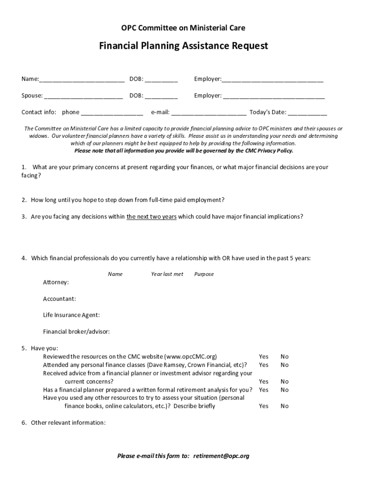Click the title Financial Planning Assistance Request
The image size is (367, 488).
tap(183, 46)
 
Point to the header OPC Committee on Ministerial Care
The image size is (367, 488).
tap(183, 28)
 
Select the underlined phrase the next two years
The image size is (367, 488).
tap(152, 216)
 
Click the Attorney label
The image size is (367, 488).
tap(56, 283)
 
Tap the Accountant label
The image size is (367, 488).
tap(59, 299)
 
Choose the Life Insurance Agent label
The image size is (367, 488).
tap(71, 315)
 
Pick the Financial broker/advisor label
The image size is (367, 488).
tap(76, 332)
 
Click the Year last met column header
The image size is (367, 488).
tap(167, 274)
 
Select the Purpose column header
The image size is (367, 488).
tap(204, 274)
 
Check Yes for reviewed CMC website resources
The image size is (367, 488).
tap(264, 356)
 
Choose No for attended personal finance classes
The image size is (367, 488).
tap(285, 365)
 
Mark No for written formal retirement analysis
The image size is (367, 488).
tap(285, 390)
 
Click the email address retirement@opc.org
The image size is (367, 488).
tap(221, 456)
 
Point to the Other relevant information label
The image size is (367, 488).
tap(68, 423)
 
